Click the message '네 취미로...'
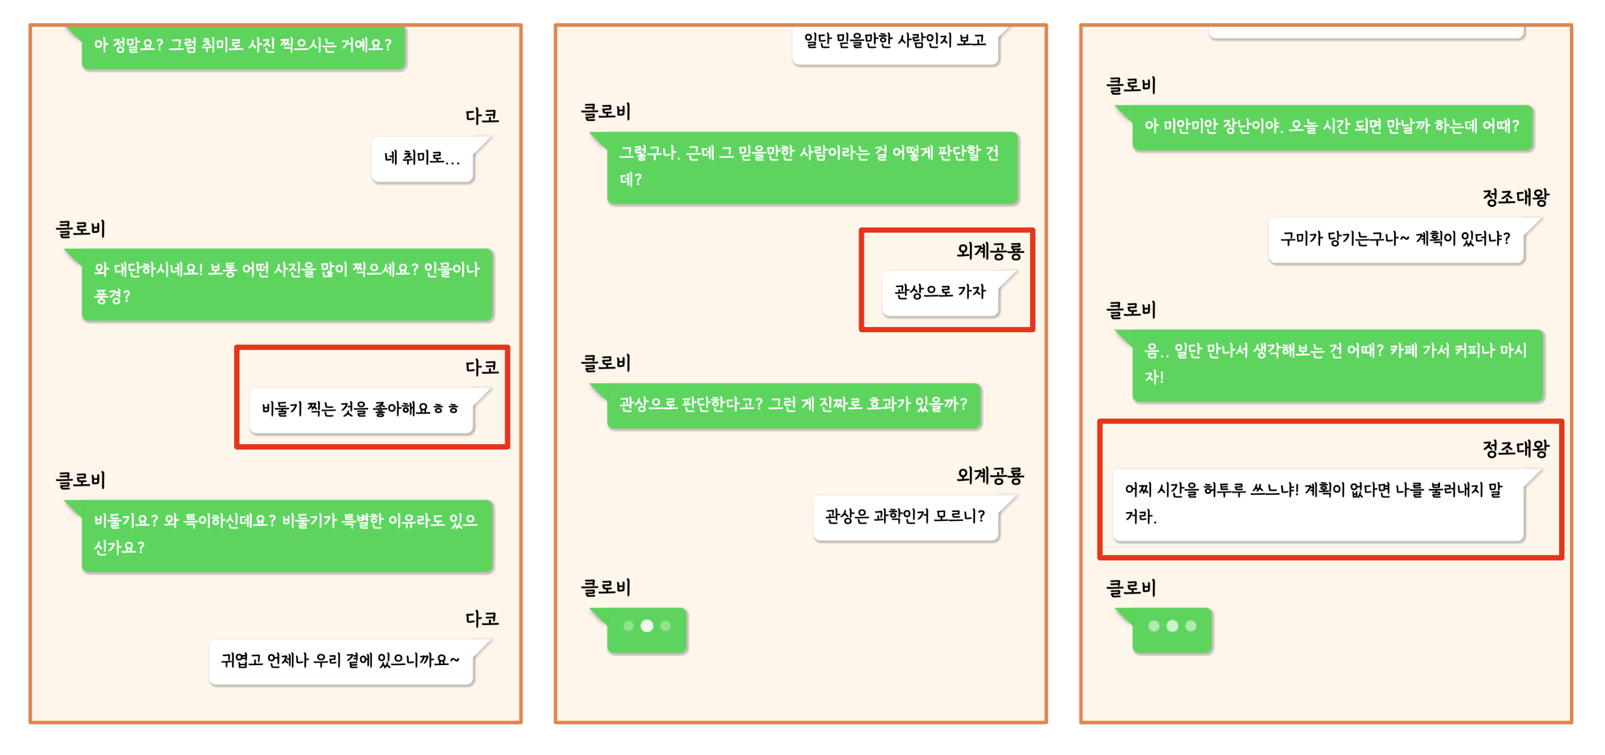(x=422, y=159)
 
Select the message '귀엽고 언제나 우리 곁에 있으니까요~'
(x=340, y=660)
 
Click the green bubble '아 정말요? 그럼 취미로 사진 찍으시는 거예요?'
(x=243, y=46)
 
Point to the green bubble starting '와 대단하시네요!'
(x=287, y=283)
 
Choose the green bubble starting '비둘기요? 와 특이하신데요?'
(x=287, y=535)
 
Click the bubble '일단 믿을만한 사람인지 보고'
(x=895, y=42)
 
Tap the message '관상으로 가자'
(x=940, y=292)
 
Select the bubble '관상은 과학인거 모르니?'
(x=905, y=516)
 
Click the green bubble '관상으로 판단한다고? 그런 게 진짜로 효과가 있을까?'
(x=792, y=405)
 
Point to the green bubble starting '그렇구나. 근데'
(x=811, y=167)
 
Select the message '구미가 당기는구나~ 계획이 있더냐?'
(x=1396, y=239)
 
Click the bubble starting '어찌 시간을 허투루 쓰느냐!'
(x=1317, y=503)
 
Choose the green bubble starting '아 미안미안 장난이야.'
(x=1332, y=127)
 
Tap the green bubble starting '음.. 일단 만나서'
(x=1337, y=364)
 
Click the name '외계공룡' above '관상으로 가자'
(x=990, y=252)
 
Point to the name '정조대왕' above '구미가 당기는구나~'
(x=1515, y=198)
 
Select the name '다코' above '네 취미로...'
(x=481, y=117)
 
